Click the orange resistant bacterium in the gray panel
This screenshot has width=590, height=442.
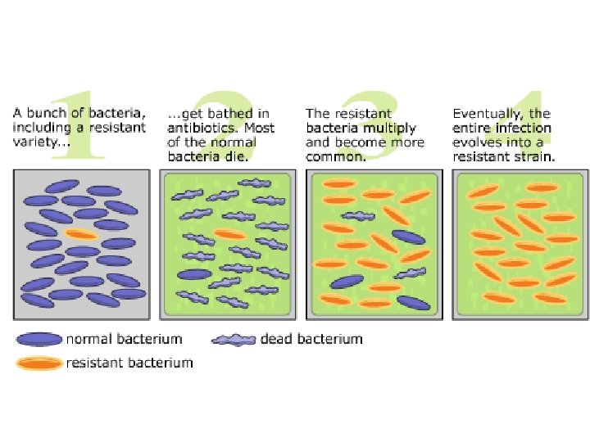click(82, 235)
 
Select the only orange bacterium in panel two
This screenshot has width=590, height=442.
click(230, 234)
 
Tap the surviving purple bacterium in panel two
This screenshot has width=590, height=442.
click(194, 274)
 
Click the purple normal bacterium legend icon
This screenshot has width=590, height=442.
click(38, 339)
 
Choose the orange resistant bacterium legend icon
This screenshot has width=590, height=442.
click(38, 362)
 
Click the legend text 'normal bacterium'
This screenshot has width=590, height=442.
click(125, 339)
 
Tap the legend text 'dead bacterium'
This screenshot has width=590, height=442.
click(311, 339)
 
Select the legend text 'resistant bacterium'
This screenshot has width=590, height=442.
click(129, 362)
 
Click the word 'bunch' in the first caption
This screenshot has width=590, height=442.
click(44, 114)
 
